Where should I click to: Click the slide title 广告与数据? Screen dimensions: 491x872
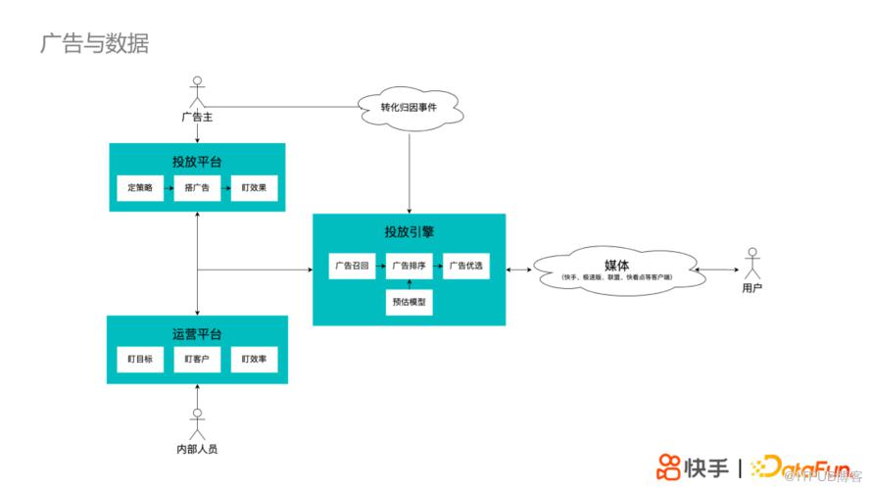94,43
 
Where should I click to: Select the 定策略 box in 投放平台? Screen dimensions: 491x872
140,187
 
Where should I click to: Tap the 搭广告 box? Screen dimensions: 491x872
197,187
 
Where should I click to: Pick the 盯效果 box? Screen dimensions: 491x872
254,187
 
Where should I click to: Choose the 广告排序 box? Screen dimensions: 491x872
409,266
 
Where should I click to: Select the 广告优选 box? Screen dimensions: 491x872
465,266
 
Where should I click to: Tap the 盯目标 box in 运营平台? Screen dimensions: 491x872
140,360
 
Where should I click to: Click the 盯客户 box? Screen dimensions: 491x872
197,360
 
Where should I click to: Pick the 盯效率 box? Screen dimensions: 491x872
254,360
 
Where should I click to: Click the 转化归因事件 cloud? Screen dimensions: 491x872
409,107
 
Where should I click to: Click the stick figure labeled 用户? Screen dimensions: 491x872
751,264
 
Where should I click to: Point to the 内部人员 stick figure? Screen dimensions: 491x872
197,423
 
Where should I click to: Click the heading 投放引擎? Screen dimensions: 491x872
409,232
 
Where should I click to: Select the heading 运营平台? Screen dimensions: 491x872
197,334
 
